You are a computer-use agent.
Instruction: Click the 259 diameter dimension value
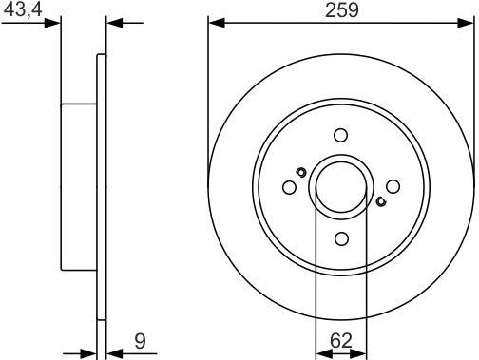(x=342, y=10)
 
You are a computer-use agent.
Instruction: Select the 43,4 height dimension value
(x=23, y=9)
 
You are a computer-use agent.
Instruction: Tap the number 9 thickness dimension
(x=140, y=341)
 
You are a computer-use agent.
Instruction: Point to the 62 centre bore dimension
(x=341, y=341)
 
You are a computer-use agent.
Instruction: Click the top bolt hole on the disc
(x=341, y=135)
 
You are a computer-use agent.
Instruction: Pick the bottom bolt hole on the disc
(x=341, y=238)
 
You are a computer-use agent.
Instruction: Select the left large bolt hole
(x=289, y=187)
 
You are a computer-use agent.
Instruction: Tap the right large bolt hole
(x=393, y=186)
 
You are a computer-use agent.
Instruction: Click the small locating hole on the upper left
(x=301, y=172)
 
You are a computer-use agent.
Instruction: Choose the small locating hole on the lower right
(x=381, y=201)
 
